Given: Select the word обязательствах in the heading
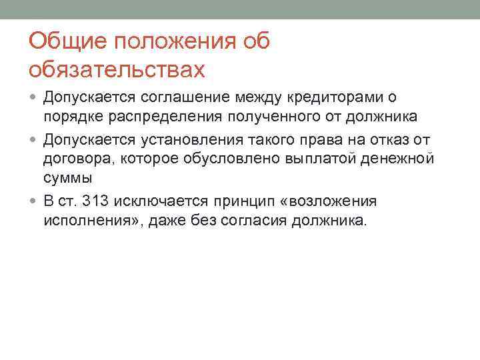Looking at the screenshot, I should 114,69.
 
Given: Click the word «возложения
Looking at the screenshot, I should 339,201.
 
